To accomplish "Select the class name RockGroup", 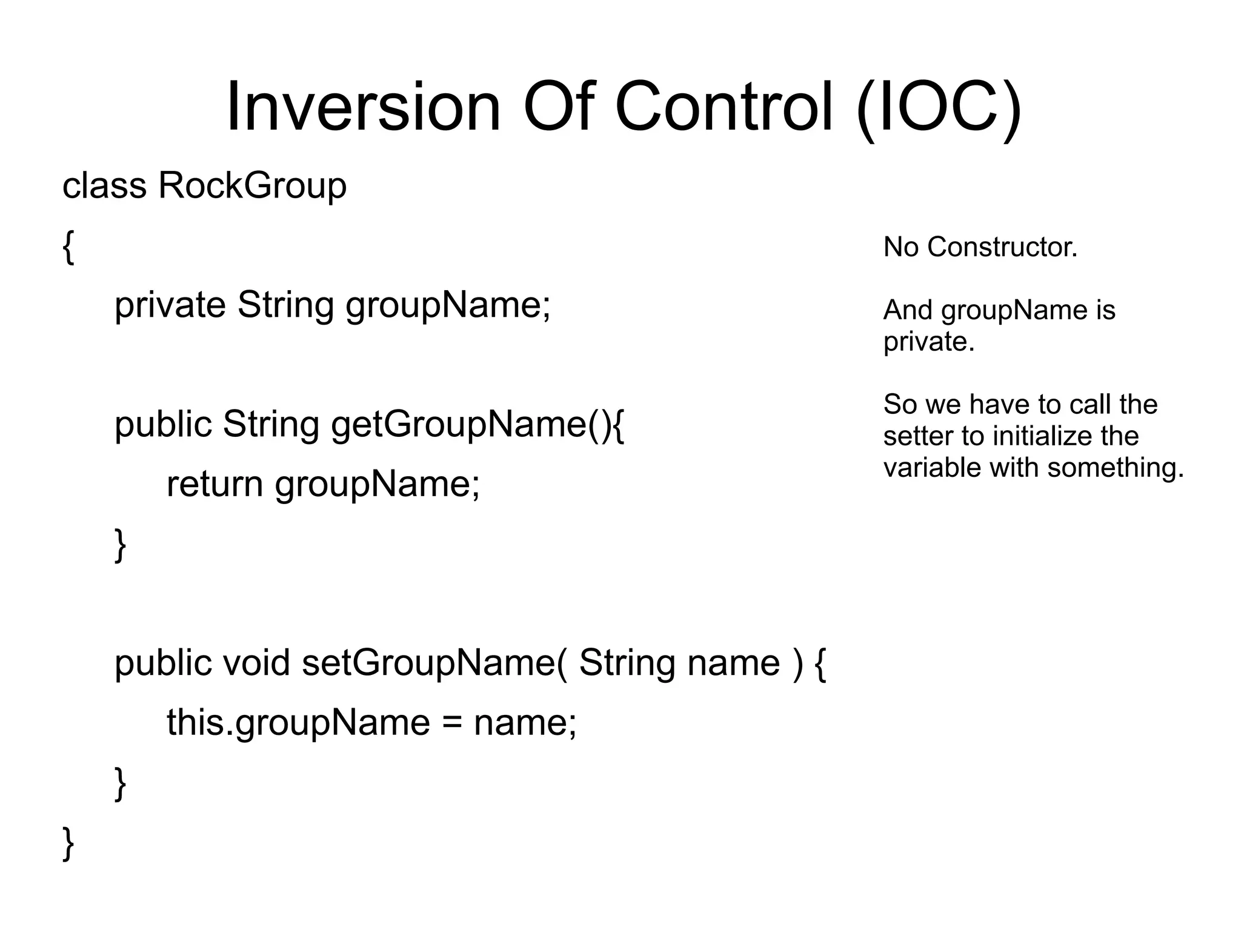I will coord(252,185).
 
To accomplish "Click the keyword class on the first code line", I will coord(104,185).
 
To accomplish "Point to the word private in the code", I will coord(170,305).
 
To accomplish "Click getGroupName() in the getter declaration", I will coord(477,424).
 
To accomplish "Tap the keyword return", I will coord(215,484).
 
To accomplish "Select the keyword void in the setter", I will coord(256,663).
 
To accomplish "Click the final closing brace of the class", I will coord(68,843).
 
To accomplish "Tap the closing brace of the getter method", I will coord(121,545).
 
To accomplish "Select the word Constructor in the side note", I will coord(1002,247).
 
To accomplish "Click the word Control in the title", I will coord(724,108).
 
